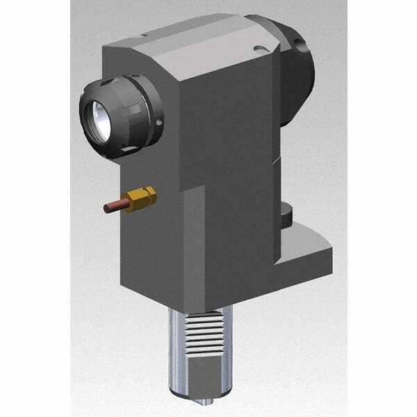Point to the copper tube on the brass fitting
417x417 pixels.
(x=113, y=207)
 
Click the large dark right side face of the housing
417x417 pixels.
(x=229, y=139)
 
